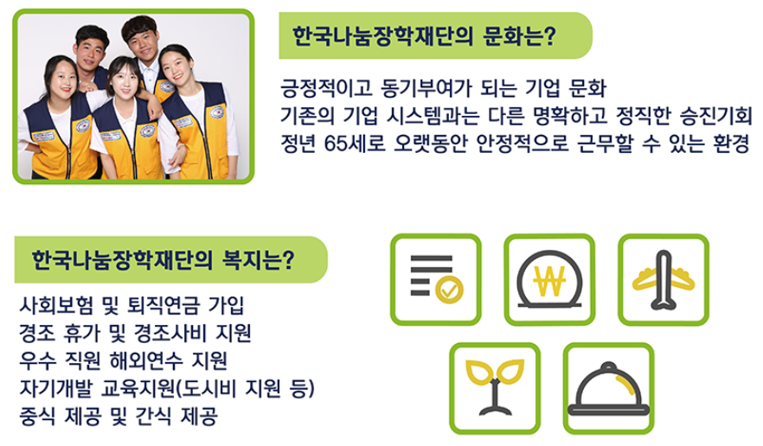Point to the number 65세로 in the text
pyautogui.click(x=349, y=143)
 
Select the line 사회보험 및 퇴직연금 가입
pyautogui.click(x=131, y=305)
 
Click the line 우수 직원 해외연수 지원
pyautogui.click(x=125, y=360)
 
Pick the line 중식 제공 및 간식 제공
pyautogui.click(x=118, y=415)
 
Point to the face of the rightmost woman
pyautogui.click(x=176, y=67)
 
